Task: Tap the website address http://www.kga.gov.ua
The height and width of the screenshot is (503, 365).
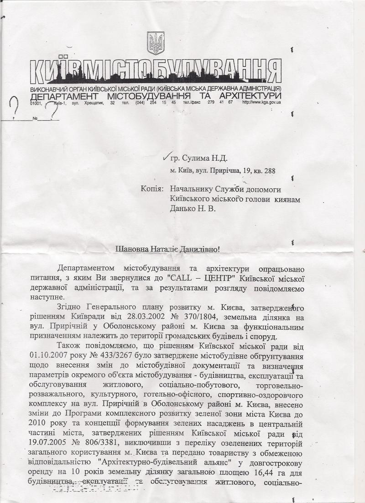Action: [x=261, y=102]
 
